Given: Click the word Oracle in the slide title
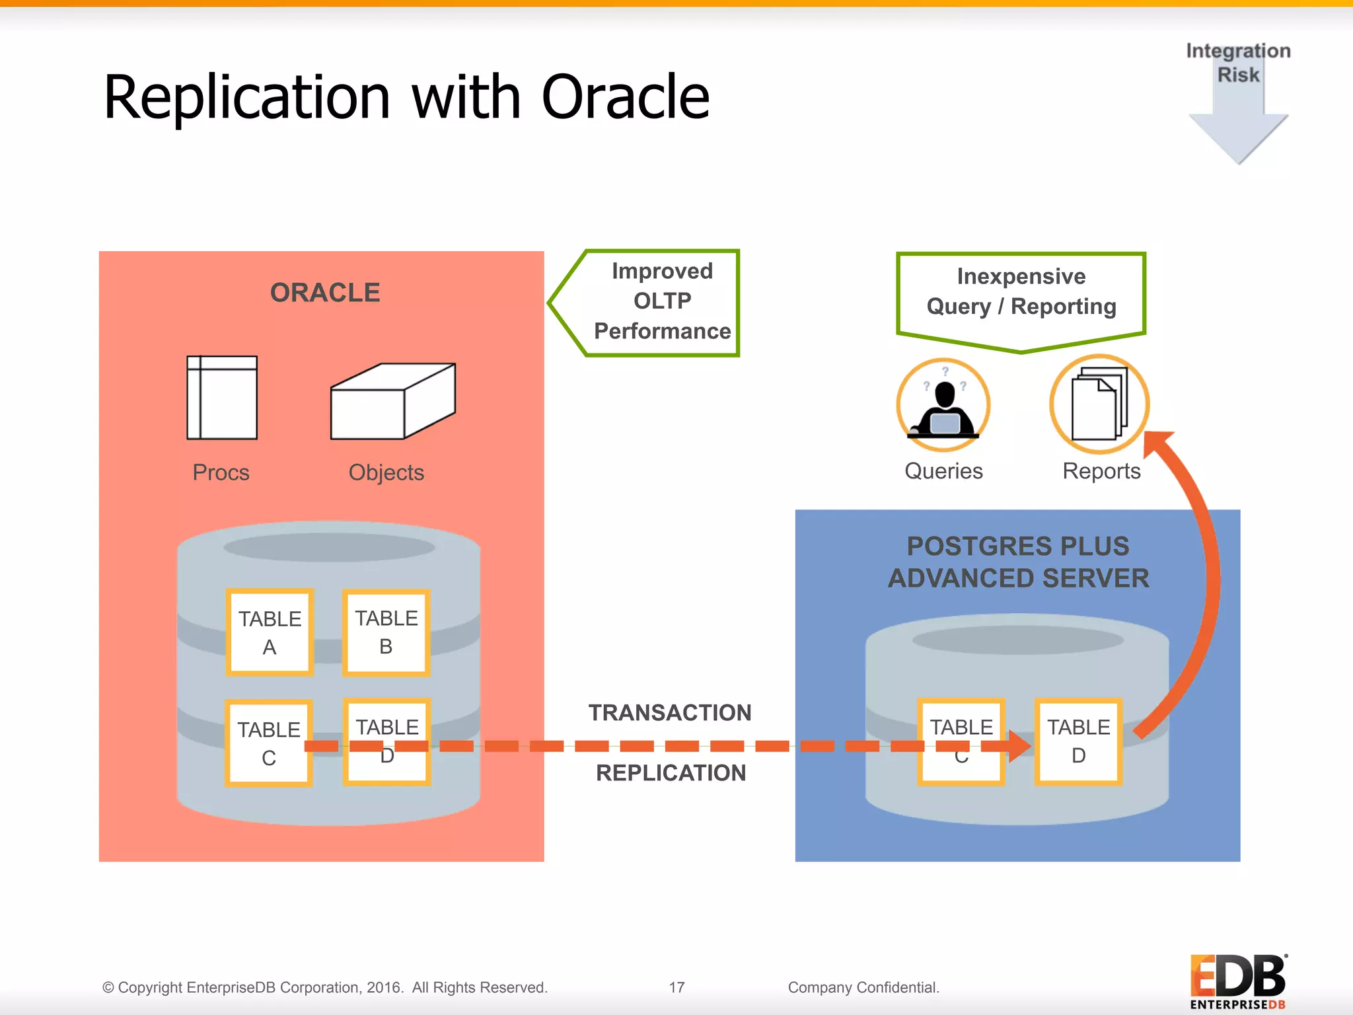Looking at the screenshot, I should (x=625, y=98).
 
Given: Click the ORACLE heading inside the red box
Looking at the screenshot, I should (x=325, y=293).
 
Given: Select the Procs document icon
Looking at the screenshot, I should (x=222, y=398).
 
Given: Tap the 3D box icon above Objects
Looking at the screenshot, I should (x=392, y=402).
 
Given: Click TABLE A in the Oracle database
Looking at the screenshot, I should (x=270, y=632).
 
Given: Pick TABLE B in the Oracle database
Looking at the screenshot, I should (x=386, y=632).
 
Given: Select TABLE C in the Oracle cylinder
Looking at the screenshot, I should (x=269, y=743).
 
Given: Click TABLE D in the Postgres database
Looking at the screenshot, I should (x=1078, y=741).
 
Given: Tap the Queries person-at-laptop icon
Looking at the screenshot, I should (x=943, y=405).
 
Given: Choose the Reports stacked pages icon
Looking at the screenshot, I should (x=1099, y=405).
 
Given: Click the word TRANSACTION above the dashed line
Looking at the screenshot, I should (x=670, y=713).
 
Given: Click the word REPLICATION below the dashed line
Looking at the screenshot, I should (x=671, y=772).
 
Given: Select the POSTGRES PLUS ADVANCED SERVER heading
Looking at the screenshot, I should (x=1018, y=562).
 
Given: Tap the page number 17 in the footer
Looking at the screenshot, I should (x=676, y=987).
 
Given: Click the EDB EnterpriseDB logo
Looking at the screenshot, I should (x=1238, y=981).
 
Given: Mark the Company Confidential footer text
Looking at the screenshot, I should (x=863, y=987).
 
